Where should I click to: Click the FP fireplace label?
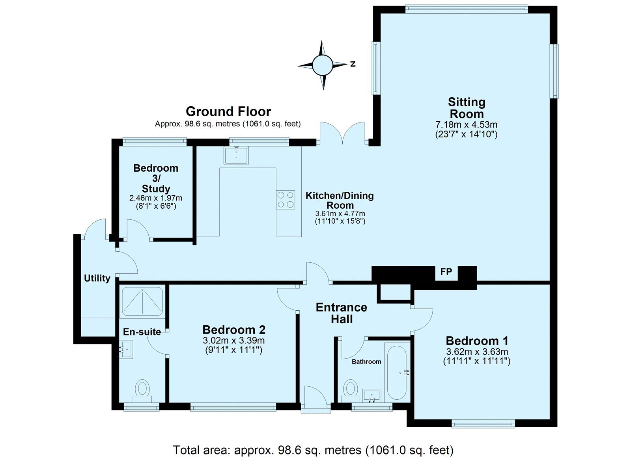[446, 271]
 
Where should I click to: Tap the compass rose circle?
[322, 65]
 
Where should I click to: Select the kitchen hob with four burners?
[286, 200]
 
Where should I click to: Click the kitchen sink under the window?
[236, 155]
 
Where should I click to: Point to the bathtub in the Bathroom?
[397, 373]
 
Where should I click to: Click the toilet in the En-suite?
[142, 391]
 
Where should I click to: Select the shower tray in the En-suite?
[142, 301]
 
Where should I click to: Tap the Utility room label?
[97, 278]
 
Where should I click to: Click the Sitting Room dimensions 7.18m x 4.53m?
[467, 124]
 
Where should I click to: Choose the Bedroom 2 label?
[234, 330]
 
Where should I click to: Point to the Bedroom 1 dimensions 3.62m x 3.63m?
[477, 352]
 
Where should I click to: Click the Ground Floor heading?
[228, 112]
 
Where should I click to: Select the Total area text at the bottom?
[313, 450]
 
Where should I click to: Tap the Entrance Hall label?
[342, 313]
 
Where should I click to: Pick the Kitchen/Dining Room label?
[340, 200]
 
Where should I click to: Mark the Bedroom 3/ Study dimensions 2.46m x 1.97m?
[156, 198]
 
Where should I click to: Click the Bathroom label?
[366, 362]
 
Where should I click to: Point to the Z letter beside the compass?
[353, 64]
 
